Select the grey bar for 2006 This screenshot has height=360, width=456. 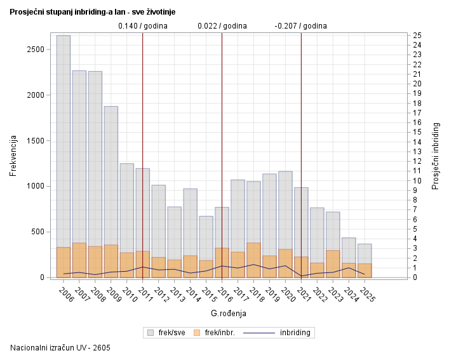(64, 140)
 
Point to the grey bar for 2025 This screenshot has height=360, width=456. (365, 253)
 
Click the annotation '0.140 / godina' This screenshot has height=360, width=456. (143, 26)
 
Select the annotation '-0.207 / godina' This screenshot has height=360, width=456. (300, 26)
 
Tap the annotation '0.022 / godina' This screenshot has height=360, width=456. (222, 26)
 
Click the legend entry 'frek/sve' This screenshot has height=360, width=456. (166, 332)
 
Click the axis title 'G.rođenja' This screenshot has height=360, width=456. (228, 313)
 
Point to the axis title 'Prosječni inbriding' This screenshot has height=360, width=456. (436, 156)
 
